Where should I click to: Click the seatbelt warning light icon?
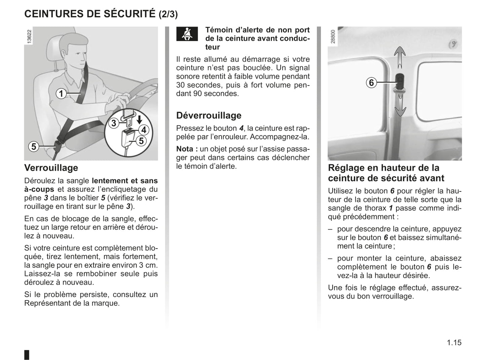[187, 34]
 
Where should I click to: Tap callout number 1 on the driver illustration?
[61, 93]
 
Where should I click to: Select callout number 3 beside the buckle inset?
[114, 123]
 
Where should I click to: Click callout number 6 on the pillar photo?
[371, 82]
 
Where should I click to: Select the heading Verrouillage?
[51, 168]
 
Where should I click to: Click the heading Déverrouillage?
[209, 115]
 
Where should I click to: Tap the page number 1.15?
[454, 343]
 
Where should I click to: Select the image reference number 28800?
[333, 37]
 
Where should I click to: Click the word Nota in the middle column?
[185, 149]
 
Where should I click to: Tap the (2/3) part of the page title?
[168, 14]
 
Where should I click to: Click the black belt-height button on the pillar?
[400, 80]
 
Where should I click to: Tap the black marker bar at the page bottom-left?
[27, 355]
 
